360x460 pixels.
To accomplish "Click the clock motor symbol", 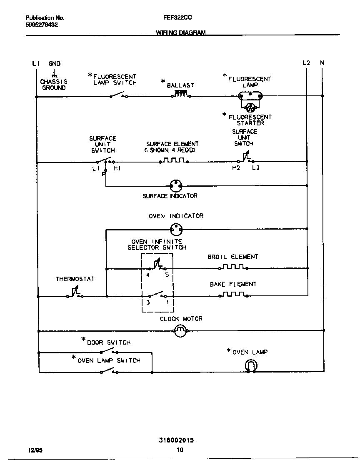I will point(180,331).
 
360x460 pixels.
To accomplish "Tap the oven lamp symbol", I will point(251,366).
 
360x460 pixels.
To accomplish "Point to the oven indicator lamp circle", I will point(177,228).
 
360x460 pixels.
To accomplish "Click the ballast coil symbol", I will point(180,95).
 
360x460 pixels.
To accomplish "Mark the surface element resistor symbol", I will point(175,160).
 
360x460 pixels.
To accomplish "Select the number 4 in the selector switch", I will point(148,275).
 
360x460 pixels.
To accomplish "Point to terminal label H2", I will point(236,168).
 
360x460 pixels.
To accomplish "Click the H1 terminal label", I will point(117,168).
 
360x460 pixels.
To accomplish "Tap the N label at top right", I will point(322,63).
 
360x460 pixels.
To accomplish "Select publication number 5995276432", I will point(42,25).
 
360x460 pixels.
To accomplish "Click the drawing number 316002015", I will point(176,440).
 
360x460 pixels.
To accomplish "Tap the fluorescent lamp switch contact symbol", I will point(118,95).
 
